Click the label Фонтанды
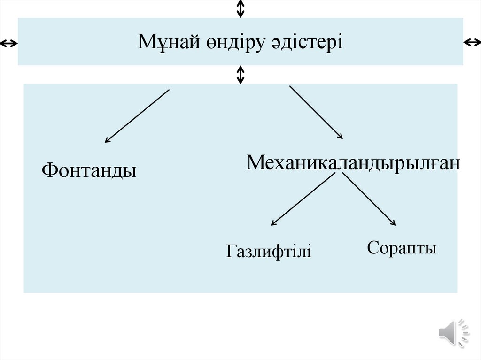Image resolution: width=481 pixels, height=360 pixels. (x=89, y=170)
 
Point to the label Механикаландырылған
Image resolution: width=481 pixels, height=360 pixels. (x=353, y=163)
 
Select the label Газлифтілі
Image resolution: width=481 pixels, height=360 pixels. (x=269, y=251)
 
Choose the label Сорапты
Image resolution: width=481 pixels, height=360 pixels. (x=402, y=247)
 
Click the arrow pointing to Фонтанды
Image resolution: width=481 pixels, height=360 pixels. (x=137, y=115)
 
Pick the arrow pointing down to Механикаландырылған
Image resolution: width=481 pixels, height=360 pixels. (x=316, y=112)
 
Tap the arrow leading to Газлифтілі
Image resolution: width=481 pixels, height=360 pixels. (x=303, y=199)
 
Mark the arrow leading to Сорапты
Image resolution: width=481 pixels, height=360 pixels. (x=369, y=199)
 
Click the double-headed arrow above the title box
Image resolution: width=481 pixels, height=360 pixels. (x=240, y=8)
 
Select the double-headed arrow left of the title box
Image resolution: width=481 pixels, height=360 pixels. (x=8, y=44)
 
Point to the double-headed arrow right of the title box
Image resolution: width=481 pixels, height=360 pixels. (x=472, y=43)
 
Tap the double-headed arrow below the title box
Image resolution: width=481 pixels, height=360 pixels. (x=240, y=75)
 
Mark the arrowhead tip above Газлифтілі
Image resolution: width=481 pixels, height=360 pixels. (x=272, y=226)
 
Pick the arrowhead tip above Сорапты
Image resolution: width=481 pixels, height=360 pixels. (x=395, y=226)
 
